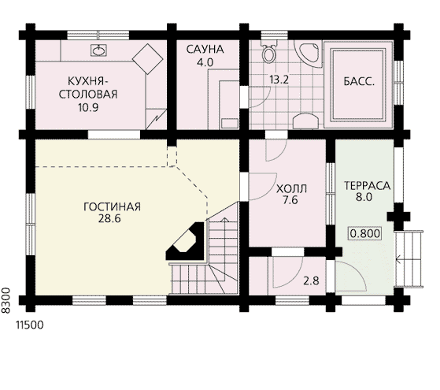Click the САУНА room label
point(205,49)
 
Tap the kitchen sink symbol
point(98,50)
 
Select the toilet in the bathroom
point(269,51)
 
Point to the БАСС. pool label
point(359,81)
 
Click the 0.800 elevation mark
point(365,233)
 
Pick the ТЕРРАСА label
point(367,186)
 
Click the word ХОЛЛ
point(291,188)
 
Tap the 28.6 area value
point(109,218)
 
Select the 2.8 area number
point(311,280)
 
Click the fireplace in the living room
point(186,241)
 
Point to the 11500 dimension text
point(30,325)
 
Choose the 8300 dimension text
point(6,300)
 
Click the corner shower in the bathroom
point(309,53)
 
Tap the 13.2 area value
point(279,80)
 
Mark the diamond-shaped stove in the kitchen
point(148,59)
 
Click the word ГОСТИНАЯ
point(112,206)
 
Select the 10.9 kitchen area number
point(88,108)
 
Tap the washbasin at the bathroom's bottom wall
point(305,121)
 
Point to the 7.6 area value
point(290,200)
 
